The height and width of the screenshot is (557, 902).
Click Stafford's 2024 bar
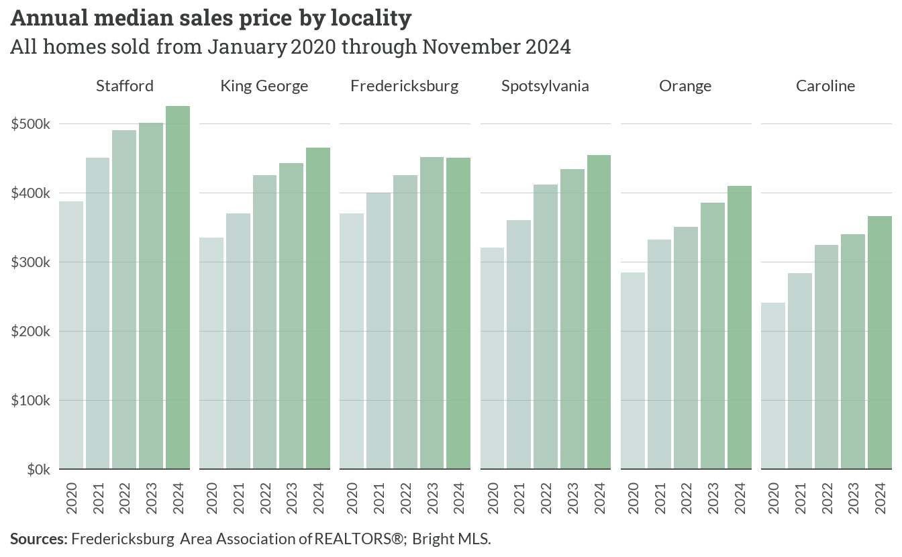[x=178, y=288]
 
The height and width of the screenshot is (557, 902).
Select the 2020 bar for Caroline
[x=773, y=386]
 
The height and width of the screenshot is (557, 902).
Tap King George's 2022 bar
[x=265, y=322]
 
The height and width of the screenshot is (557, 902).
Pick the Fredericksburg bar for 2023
[x=432, y=313]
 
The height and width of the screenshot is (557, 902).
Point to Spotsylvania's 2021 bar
[x=519, y=345]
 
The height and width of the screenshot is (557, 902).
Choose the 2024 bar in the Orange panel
[x=740, y=327]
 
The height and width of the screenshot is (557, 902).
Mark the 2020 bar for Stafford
[x=71, y=335]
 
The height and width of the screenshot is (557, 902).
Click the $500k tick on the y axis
[x=31, y=124]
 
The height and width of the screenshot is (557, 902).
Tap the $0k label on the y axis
[x=39, y=470]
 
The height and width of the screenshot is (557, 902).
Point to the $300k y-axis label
[x=31, y=262]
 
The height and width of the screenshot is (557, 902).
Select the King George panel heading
[x=264, y=86]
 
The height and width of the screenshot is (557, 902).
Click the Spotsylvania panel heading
[x=545, y=86]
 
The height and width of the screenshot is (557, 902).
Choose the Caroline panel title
[x=825, y=86]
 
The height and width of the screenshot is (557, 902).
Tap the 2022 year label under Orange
[x=686, y=498]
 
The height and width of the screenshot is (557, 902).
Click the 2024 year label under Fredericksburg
[x=458, y=498]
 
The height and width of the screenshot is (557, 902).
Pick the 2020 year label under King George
[x=211, y=498]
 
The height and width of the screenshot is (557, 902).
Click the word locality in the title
[x=371, y=19]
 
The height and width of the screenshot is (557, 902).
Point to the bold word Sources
[x=39, y=539]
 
